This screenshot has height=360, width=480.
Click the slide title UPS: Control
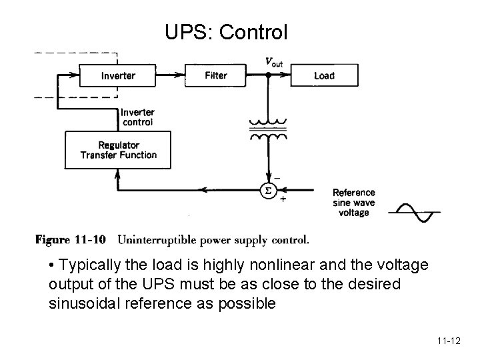click(x=227, y=31)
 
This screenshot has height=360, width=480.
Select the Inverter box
click(x=117, y=75)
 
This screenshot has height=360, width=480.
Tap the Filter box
click(x=216, y=75)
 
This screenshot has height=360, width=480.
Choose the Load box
click(x=324, y=75)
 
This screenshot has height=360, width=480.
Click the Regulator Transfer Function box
click(x=118, y=149)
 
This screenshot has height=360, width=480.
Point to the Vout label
click(x=273, y=62)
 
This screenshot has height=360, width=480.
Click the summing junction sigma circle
click(x=268, y=190)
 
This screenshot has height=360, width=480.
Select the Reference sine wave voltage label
click(x=353, y=203)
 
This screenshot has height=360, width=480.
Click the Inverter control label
click(x=137, y=117)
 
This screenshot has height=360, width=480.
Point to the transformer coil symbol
click(x=268, y=129)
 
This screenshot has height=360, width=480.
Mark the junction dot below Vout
click(x=268, y=75)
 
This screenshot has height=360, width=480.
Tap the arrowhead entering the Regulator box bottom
click(x=118, y=173)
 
